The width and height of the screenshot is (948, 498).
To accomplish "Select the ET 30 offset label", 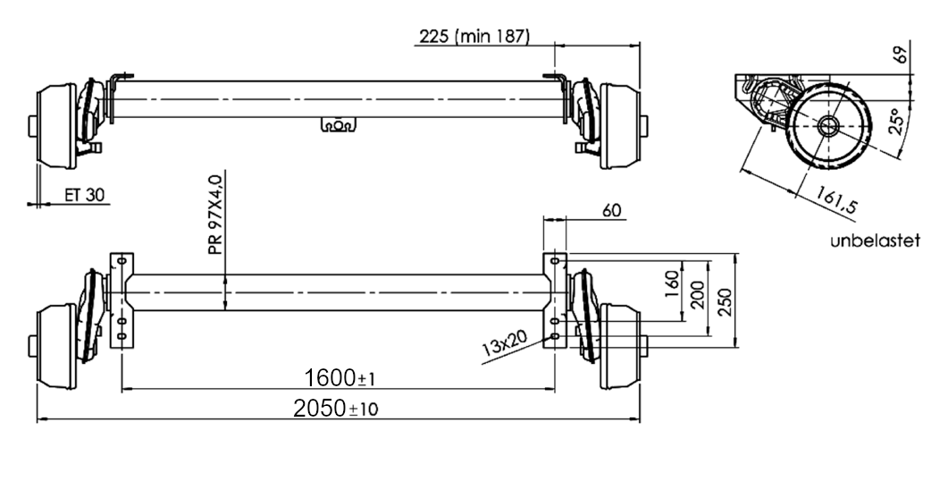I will coord(82,192).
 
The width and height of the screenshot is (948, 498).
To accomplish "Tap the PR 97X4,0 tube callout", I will coord(215,215).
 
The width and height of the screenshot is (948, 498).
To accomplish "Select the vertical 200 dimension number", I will coord(698,295).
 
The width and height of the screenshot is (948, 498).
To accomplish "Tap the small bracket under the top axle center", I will coord(337,125).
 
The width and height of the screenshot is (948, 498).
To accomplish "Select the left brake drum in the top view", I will coord(55,126).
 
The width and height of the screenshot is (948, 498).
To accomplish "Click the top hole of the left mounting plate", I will coord(121,260).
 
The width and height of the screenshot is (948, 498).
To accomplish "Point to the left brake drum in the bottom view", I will coord(55,345).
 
